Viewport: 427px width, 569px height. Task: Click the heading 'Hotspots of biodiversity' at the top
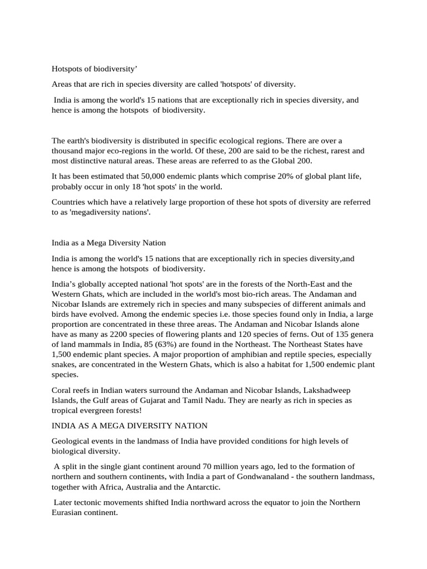click(94, 69)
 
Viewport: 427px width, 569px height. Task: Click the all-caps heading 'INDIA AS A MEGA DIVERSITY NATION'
click(129, 426)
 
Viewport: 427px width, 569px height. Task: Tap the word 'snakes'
click(64, 365)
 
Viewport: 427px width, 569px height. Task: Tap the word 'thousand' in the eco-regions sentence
click(68, 151)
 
